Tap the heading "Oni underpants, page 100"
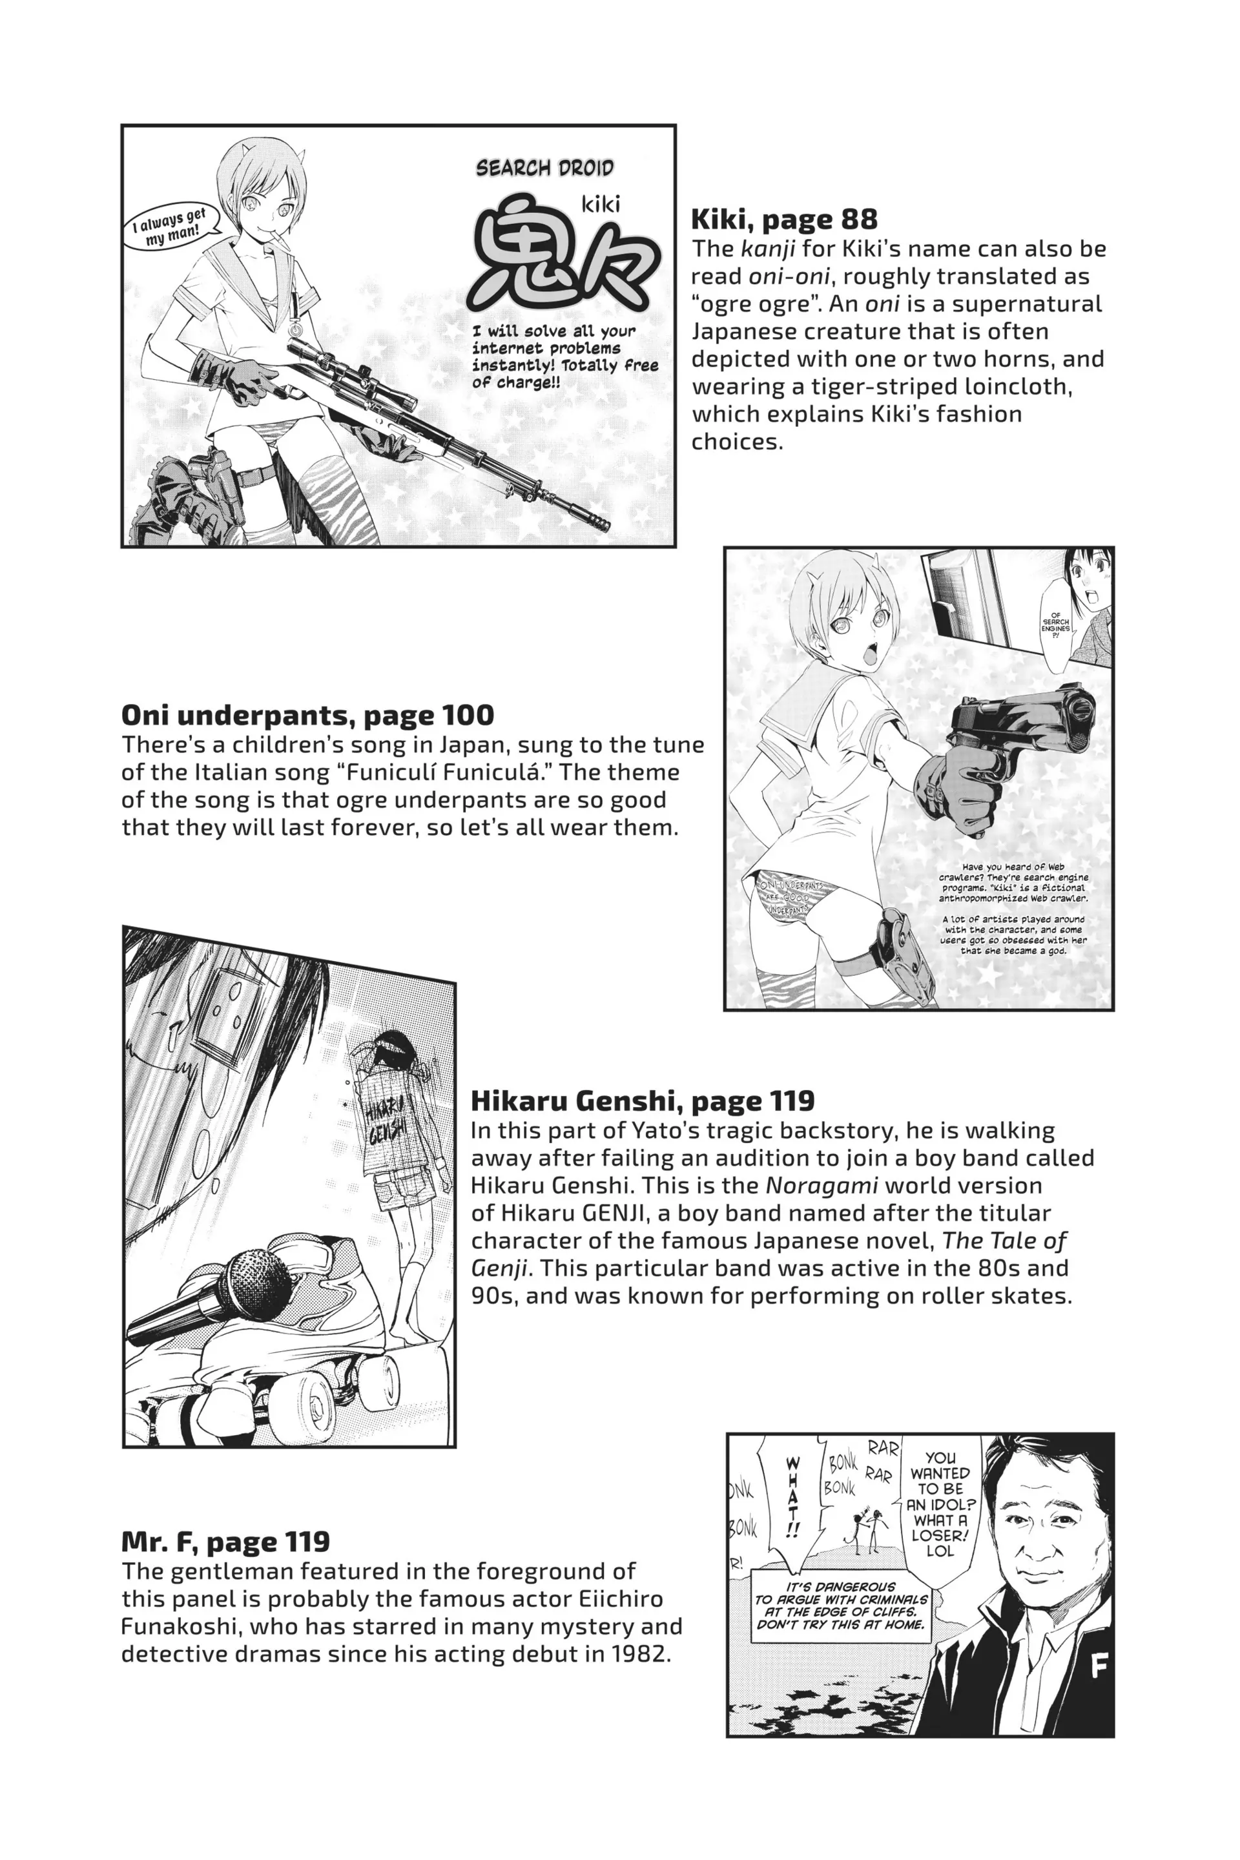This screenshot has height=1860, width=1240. coord(307,715)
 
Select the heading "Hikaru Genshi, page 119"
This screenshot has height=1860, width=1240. coord(642,1100)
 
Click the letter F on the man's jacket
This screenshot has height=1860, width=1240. coord(1098,1668)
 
